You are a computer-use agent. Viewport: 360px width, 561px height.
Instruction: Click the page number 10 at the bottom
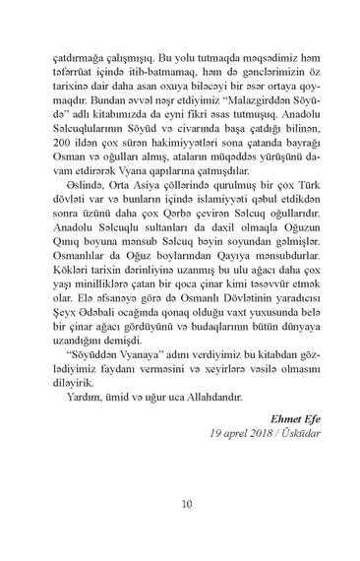point(187,507)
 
